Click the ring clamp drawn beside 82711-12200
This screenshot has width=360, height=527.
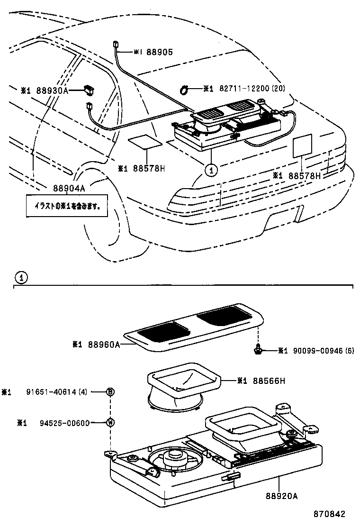click(x=184, y=88)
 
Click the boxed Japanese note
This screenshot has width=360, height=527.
click(x=66, y=207)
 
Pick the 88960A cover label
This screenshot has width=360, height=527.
click(x=103, y=345)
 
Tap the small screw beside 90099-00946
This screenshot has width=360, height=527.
click(x=258, y=350)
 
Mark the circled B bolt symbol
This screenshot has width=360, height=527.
click(x=110, y=391)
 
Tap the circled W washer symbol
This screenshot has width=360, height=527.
click(x=110, y=423)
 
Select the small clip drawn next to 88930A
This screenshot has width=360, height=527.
click(x=89, y=88)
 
